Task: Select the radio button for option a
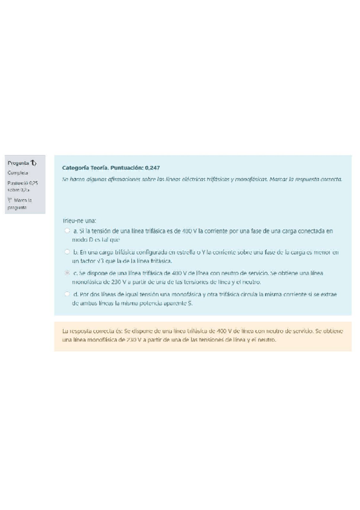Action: point(67,230)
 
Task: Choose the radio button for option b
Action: point(67,252)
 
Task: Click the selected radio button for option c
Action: point(67,273)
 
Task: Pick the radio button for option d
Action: point(67,294)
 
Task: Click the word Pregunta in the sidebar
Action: point(17,162)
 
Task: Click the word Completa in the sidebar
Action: point(16,173)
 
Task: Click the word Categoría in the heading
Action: point(76,167)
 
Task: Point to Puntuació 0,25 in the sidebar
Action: point(22,183)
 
